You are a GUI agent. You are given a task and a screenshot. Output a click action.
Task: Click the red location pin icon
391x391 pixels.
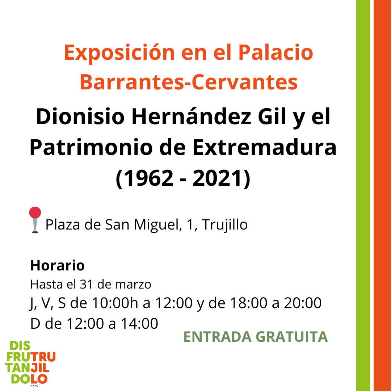pos(35,220)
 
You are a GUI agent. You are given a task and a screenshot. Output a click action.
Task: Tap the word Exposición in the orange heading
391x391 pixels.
pos(119,52)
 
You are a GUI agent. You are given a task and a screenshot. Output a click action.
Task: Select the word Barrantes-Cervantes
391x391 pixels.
pos(189,82)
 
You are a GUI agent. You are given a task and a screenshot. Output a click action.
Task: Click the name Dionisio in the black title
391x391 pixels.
pos(80,117)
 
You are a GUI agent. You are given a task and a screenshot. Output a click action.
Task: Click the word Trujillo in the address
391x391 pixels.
pos(225,225)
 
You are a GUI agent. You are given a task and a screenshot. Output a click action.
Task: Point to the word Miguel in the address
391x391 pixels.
pos(157,225)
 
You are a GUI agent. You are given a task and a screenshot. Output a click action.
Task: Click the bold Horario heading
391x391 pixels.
pos(57,265)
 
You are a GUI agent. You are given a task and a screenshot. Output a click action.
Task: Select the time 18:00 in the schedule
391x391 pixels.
pos(248,303)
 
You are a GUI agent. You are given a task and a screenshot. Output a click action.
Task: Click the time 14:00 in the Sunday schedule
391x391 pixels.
pos(140,323)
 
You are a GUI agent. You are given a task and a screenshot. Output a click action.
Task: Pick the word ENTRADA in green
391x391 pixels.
pos(218,337)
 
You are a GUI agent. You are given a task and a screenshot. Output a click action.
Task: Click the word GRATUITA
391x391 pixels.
pos(291,337)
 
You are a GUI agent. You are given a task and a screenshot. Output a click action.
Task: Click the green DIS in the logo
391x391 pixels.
pos(20,346)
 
